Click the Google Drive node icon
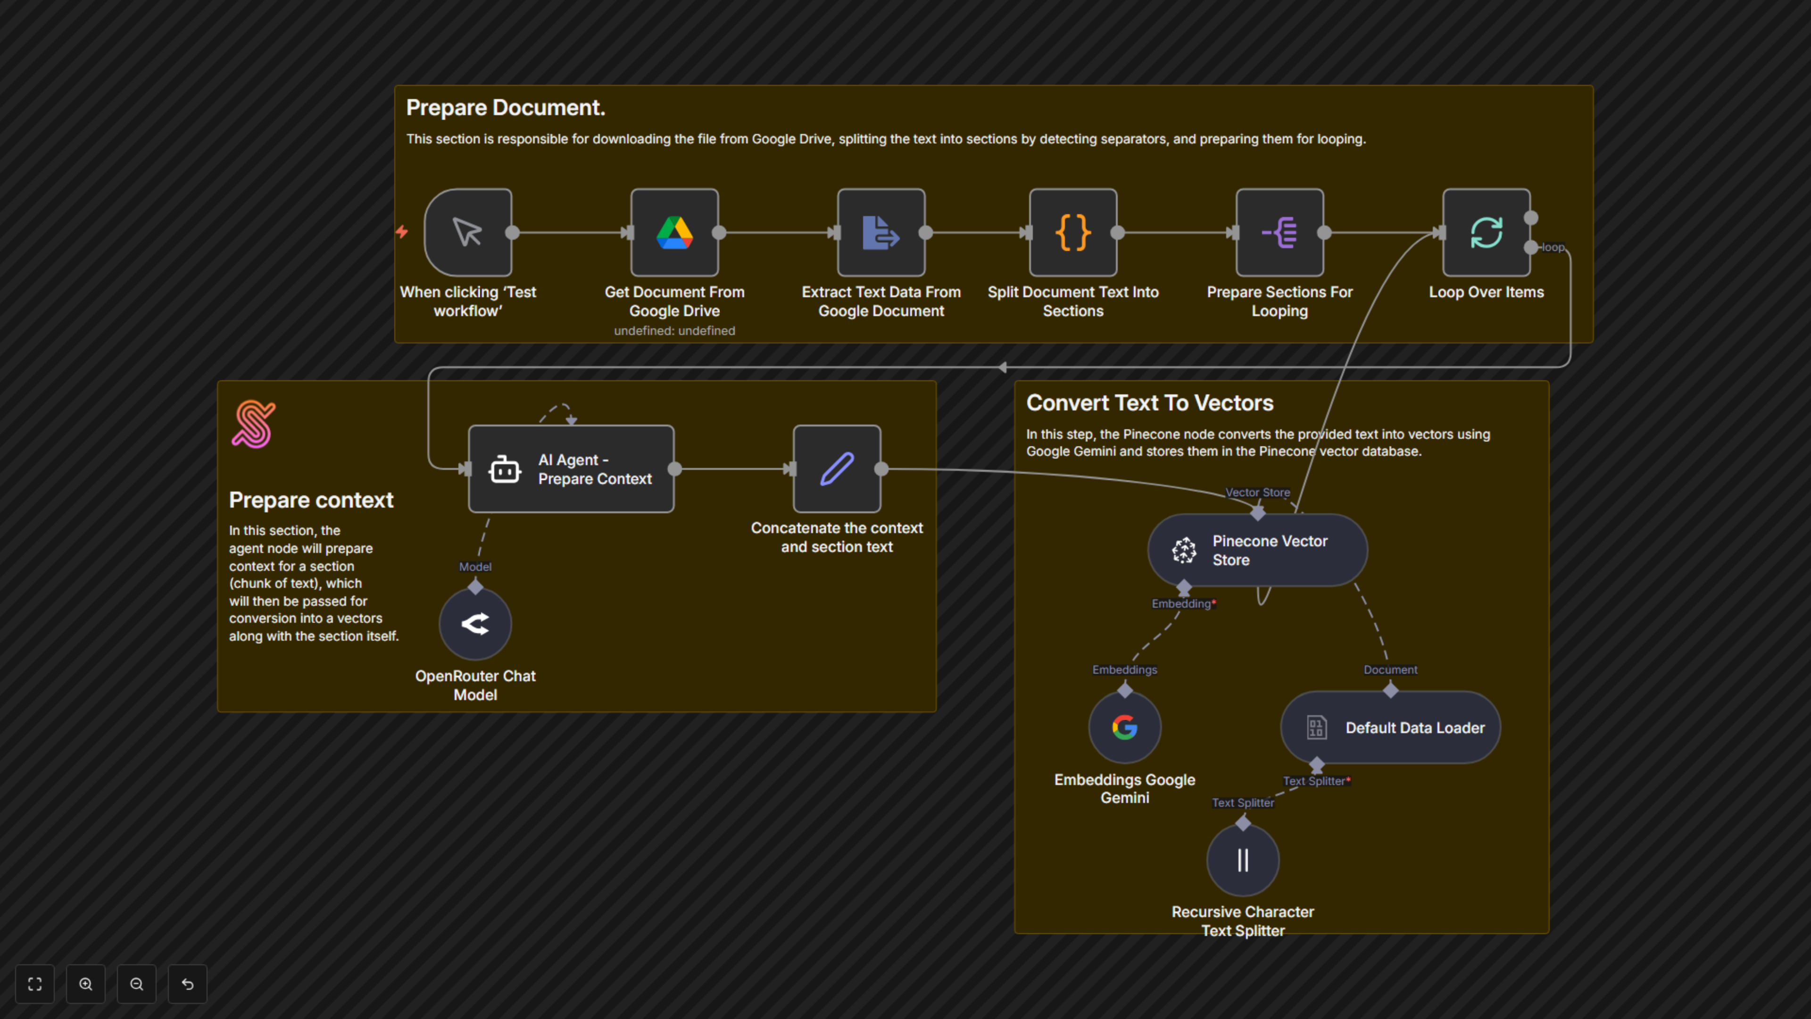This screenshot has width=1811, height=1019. click(x=674, y=233)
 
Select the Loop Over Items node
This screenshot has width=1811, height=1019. click(x=1486, y=233)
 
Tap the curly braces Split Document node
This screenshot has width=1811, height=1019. click(x=1073, y=233)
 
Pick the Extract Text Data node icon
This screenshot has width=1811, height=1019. click(x=881, y=233)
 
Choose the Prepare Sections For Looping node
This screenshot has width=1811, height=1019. click(x=1279, y=233)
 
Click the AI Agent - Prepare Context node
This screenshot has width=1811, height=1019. click(x=571, y=469)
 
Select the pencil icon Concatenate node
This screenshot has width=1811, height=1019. click(x=837, y=469)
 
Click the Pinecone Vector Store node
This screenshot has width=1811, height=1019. click(x=1257, y=551)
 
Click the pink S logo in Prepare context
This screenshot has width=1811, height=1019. click(x=254, y=424)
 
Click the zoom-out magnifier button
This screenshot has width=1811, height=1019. click(x=136, y=984)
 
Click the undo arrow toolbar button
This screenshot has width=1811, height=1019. click(x=188, y=984)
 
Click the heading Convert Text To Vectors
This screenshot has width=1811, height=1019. click(x=1149, y=403)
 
